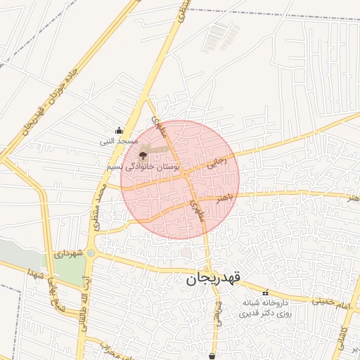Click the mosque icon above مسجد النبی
[119, 130]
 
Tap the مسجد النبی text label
[118, 141]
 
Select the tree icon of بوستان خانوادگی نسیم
[143, 154]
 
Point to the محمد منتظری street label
[101, 210]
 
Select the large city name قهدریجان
[213, 278]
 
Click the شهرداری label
[70, 252]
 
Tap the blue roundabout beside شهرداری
[91, 252]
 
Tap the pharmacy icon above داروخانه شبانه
[265, 292]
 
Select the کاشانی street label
[342, 335]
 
